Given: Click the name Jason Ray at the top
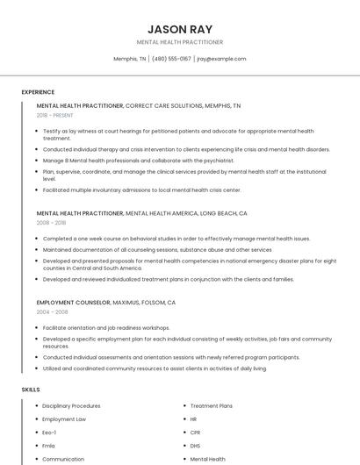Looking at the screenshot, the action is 180,29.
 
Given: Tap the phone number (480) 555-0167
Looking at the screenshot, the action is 171,59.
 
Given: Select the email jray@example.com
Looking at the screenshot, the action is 221,59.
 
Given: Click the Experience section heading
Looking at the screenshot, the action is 38,92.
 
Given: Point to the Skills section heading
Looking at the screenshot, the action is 31,389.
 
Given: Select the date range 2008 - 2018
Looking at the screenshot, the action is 51,223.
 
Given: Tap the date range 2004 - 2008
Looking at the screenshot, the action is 51,311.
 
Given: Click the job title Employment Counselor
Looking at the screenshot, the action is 74,302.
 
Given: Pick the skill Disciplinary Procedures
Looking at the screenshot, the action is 71,406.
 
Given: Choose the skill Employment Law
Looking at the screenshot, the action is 64,419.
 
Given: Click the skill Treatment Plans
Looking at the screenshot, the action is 212,406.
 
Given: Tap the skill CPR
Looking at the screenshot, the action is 196,433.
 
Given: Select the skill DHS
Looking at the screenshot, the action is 196,446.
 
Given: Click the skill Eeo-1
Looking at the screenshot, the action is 50,433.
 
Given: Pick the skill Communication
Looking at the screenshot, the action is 63,459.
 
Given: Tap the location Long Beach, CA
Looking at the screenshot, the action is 223,213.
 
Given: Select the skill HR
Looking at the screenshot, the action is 194,419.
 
